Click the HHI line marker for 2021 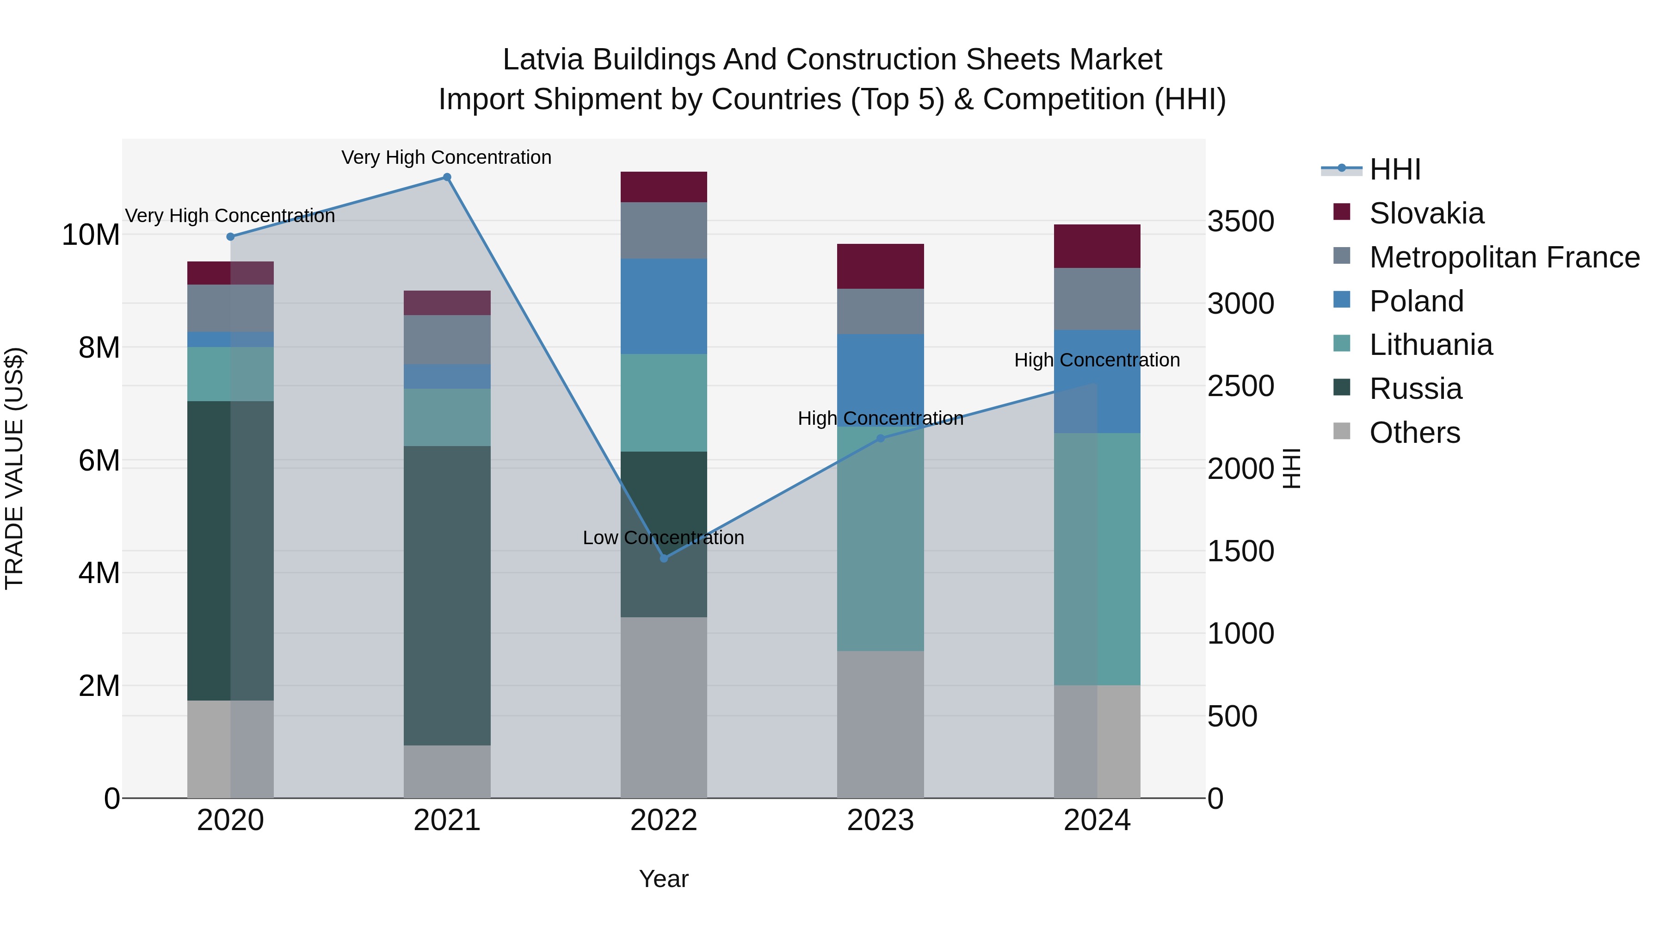click(x=447, y=177)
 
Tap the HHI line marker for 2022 click(x=664, y=558)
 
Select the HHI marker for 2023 click(x=880, y=439)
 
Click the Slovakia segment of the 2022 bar click(x=664, y=187)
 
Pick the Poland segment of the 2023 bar click(x=880, y=380)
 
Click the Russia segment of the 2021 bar click(x=447, y=595)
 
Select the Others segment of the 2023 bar click(x=880, y=724)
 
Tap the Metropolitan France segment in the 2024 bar click(x=1097, y=299)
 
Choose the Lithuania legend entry click(x=1431, y=345)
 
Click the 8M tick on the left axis click(x=99, y=348)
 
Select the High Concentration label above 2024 click(x=1097, y=360)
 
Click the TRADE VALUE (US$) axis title click(x=14, y=468)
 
